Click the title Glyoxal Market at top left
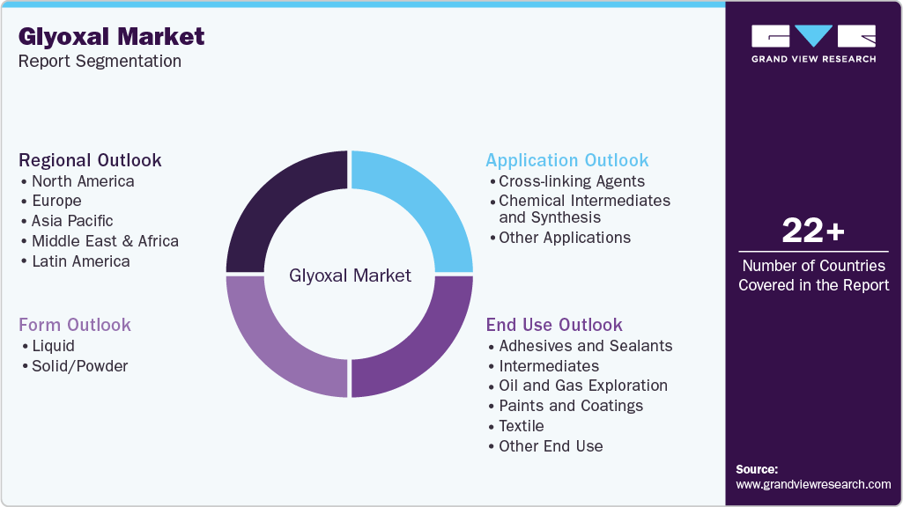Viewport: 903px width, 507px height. coord(111,36)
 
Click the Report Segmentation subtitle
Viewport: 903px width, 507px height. coord(100,61)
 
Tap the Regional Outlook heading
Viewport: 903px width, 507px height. coord(90,160)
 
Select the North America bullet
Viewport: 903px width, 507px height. coord(83,181)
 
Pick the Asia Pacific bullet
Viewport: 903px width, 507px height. coord(72,221)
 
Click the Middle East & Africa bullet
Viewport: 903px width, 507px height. coord(105,241)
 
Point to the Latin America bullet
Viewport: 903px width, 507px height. coord(80,261)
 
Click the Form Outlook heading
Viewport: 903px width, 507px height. coord(75,325)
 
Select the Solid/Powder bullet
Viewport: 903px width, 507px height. coord(79,366)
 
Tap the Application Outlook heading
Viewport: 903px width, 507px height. coord(567,160)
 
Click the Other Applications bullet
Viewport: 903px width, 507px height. coord(565,238)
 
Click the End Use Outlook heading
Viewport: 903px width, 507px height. coord(554,325)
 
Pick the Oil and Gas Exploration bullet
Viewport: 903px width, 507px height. coord(583,386)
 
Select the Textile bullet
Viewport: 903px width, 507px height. coord(522,426)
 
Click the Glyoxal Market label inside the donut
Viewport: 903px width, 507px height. coord(350,276)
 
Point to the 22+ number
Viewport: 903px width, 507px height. coord(813,231)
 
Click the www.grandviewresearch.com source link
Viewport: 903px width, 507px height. coord(813,484)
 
